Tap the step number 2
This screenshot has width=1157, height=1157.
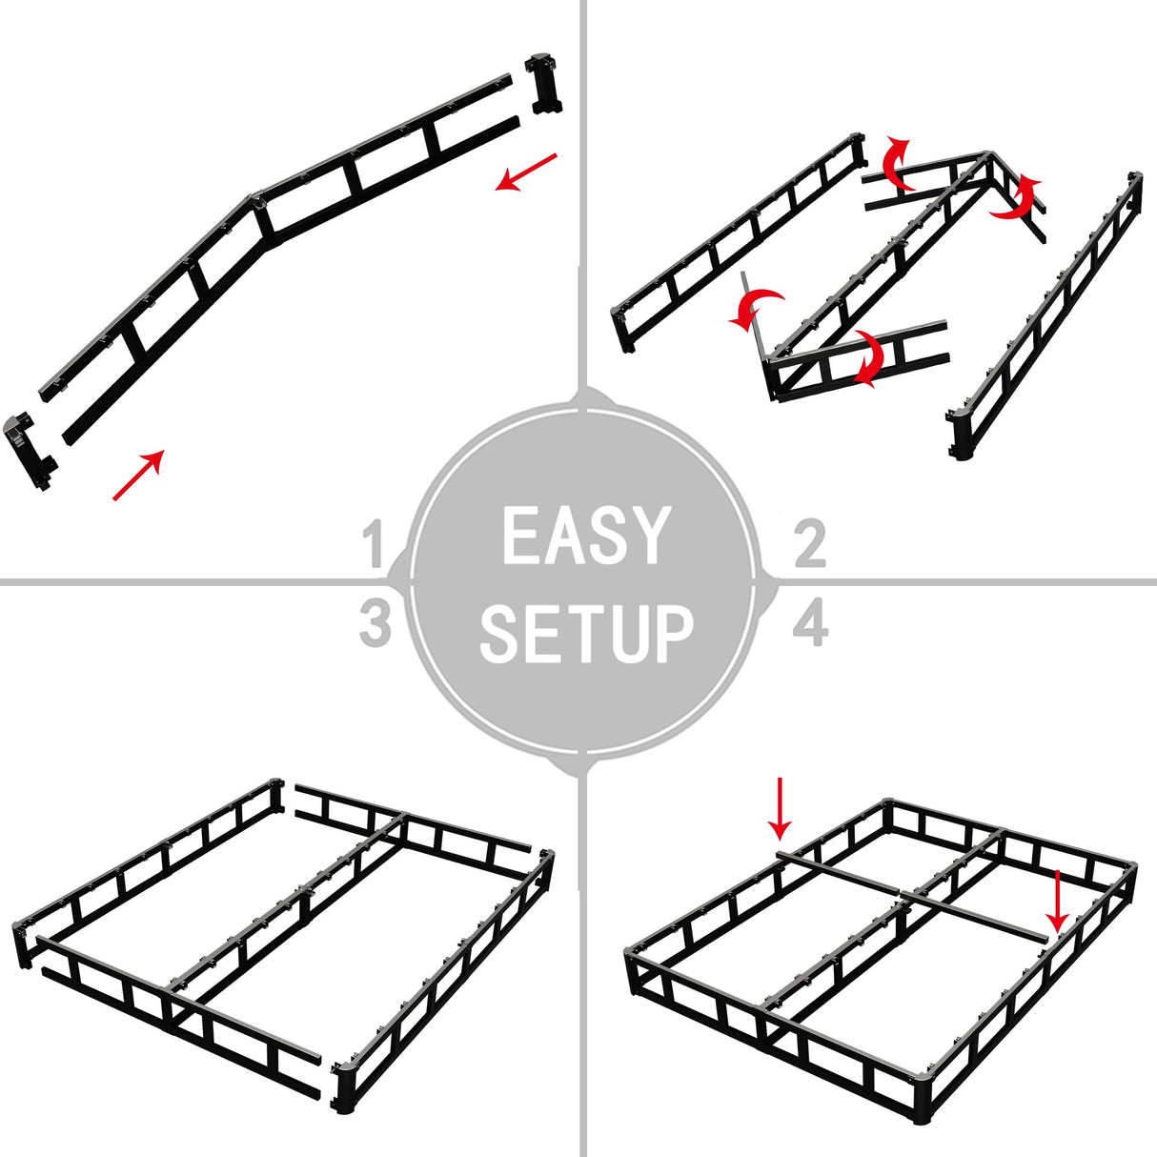click(809, 544)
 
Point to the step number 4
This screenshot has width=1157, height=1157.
click(810, 624)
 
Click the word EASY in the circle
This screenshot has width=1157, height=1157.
click(584, 537)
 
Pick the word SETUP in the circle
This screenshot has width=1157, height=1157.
click(585, 633)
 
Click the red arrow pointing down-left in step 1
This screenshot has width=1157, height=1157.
click(525, 172)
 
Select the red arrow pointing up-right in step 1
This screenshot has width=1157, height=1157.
click(139, 475)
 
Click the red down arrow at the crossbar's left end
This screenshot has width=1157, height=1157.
click(781, 808)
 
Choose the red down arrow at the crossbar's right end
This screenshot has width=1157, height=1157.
click(1056, 901)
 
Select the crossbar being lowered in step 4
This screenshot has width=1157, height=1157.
click(910, 894)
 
